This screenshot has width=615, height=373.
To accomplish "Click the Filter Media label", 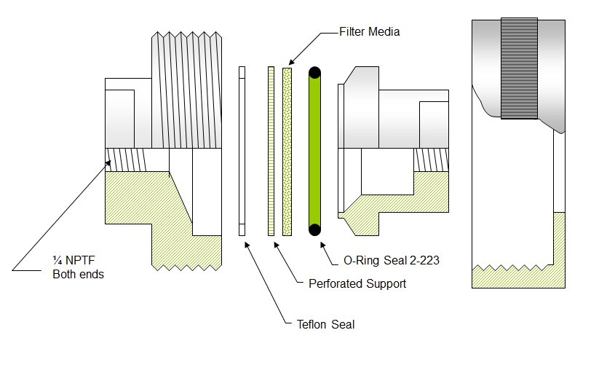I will [x=370, y=32].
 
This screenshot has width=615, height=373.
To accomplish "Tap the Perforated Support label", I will [x=357, y=283].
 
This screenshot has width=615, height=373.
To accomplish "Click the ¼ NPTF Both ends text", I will [x=79, y=268].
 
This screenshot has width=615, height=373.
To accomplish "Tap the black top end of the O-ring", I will [x=315, y=72].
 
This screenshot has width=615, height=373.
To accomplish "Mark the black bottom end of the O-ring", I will [x=315, y=230].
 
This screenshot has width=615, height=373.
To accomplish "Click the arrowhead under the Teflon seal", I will [x=246, y=244].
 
